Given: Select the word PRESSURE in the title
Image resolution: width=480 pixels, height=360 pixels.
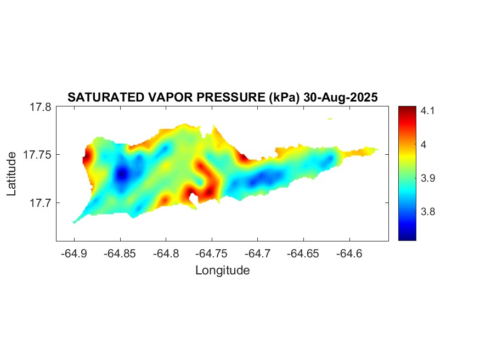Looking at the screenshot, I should [x=233, y=98].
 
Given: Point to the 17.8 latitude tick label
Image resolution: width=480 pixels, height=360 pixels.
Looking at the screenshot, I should [x=40, y=108].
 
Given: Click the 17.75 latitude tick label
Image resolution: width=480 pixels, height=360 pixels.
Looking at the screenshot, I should [x=37, y=155].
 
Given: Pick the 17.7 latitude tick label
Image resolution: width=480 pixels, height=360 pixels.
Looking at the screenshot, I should [x=40, y=203].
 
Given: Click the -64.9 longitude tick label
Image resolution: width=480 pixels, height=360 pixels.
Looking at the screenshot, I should [x=75, y=254].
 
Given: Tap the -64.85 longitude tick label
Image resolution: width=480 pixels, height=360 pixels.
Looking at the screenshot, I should [x=120, y=254].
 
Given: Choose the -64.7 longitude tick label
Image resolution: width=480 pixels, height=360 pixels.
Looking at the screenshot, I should [x=258, y=254].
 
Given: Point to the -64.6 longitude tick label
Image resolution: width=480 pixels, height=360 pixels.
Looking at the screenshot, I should [x=349, y=254].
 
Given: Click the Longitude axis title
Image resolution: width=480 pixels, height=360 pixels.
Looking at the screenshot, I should [x=223, y=271].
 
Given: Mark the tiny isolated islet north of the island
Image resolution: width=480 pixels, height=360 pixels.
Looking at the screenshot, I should [x=330, y=118].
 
